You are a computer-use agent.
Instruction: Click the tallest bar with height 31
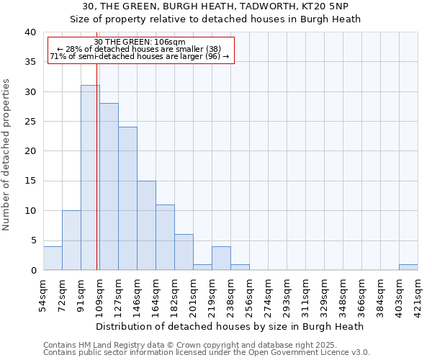click(90, 178)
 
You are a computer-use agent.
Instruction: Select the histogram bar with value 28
click(109, 186)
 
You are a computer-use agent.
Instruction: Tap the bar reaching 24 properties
click(127, 199)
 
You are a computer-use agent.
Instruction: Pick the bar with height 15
click(146, 225)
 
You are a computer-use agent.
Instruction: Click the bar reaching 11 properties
click(165, 238)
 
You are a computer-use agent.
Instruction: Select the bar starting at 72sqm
click(71, 240)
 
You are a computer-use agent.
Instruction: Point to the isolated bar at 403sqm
click(408, 267)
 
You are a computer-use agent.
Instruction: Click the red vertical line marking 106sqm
click(96, 180)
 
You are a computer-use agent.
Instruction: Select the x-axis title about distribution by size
click(230, 326)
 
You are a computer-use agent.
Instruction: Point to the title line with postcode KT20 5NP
click(215, 6)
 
